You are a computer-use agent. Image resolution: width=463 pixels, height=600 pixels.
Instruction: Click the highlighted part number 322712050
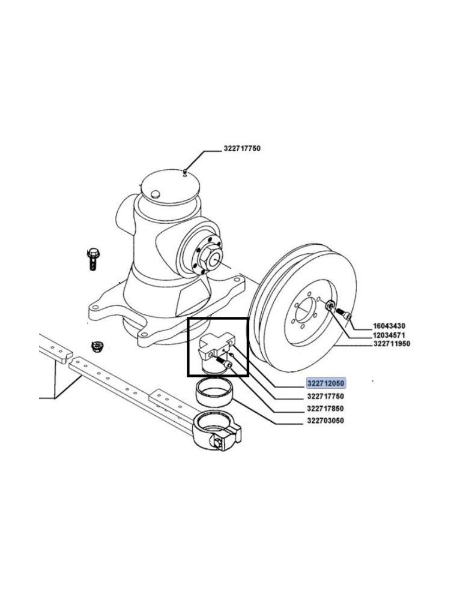tap(326, 383)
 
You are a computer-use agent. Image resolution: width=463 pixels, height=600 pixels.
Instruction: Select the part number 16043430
tap(389, 326)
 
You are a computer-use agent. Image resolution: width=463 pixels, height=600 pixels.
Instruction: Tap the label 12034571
tap(389, 335)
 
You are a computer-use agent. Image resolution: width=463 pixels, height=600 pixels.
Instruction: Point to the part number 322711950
tap(392, 344)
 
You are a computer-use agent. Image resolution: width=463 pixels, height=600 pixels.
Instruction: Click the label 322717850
tap(325, 408)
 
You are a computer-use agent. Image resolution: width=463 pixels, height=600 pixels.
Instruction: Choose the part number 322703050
tap(325, 421)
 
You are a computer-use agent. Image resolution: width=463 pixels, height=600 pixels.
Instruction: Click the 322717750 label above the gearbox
tap(242, 148)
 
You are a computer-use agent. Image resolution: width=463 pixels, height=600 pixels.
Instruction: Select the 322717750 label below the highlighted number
tap(325, 396)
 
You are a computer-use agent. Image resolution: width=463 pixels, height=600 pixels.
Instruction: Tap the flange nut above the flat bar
tap(96, 347)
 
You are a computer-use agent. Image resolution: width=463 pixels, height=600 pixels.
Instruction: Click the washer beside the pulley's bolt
tap(330, 306)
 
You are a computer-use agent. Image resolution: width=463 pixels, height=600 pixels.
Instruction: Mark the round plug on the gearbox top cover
tap(156, 194)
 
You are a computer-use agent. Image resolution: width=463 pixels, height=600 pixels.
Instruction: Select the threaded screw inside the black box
tap(225, 362)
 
